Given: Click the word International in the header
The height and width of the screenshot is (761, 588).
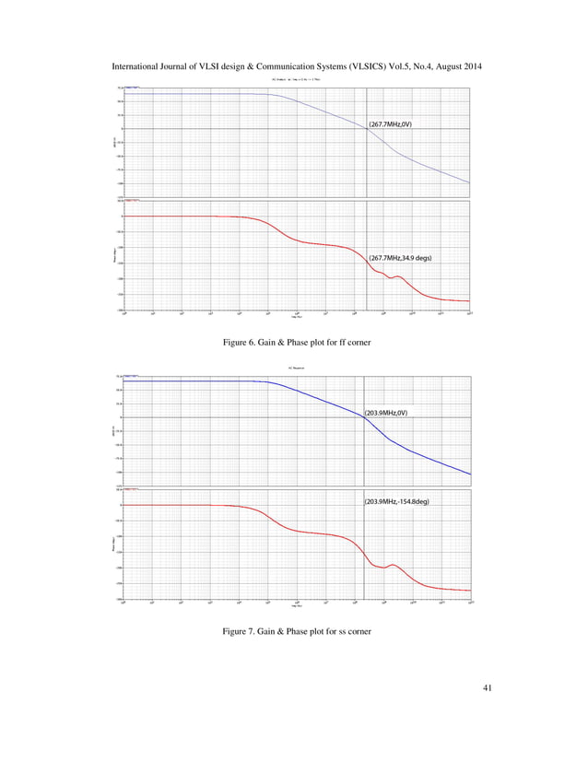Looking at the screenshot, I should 137,67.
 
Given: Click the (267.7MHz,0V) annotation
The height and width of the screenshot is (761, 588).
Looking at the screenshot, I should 396,123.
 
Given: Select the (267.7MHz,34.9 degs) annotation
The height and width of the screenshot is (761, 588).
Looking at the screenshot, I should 401,259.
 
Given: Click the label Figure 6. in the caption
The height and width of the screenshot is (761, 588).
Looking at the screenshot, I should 244,344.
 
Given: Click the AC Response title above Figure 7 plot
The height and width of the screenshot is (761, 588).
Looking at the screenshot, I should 295,369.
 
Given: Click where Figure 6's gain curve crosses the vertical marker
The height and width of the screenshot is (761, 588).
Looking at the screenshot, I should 367,129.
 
